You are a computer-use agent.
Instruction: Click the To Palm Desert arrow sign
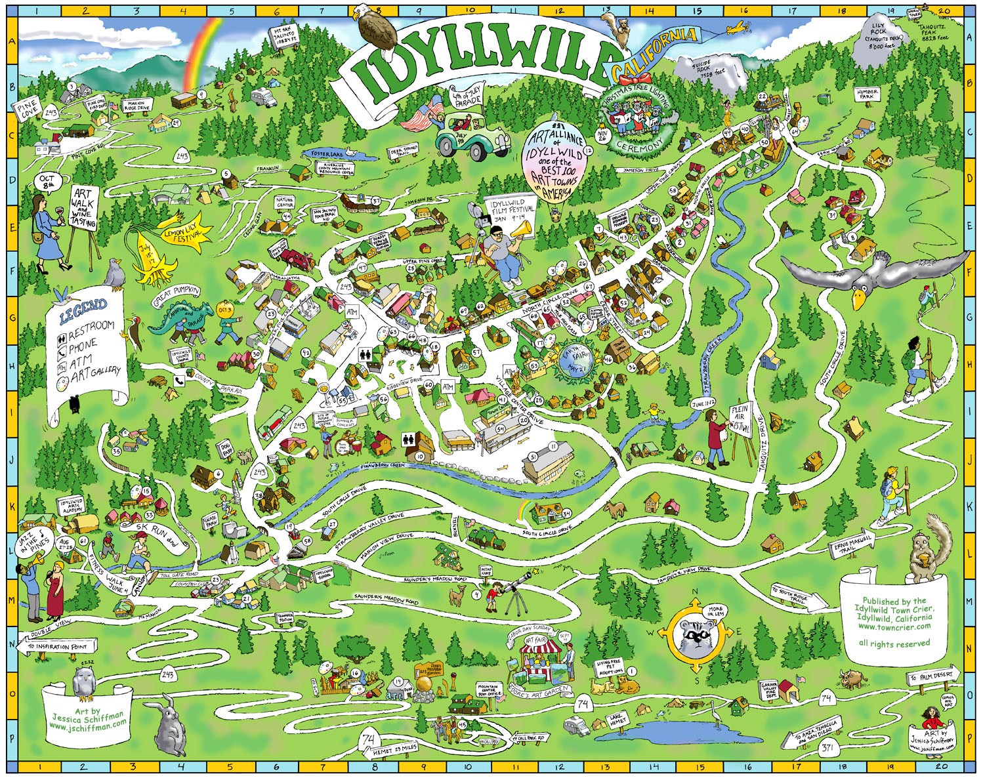coord(934,676)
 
